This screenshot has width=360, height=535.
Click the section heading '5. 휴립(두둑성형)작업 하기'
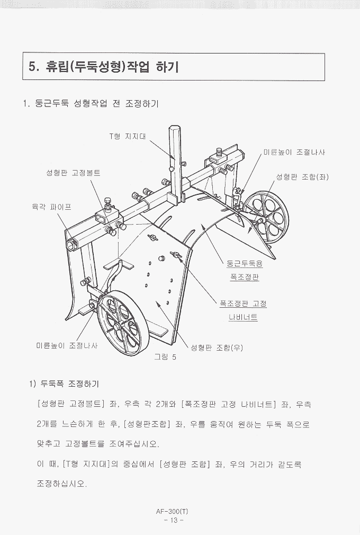tap(104, 67)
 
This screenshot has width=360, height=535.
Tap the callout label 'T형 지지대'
tap(128, 137)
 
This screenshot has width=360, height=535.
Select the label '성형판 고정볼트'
tap(73, 173)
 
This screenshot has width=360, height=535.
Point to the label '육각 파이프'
tap(51, 207)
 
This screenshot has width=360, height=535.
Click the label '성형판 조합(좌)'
tap(302, 177)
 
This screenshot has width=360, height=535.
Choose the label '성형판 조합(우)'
tap(217, 347)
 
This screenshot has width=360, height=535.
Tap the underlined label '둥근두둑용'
tap(245, 264)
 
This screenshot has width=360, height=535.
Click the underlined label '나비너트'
tap(243, 317)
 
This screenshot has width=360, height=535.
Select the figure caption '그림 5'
tap(165, 357)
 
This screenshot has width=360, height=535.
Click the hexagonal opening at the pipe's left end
tap(72, 244)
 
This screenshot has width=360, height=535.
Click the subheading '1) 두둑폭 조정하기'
tap(64, 384)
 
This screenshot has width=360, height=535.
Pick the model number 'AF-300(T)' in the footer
tap(172, 511)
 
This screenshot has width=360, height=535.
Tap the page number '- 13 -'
tap(174, 520)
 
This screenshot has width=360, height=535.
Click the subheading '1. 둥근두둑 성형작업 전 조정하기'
tap(91, 103)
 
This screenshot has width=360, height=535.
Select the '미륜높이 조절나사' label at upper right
tap(294, 152)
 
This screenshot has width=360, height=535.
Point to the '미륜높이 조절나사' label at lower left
tap(67, 346)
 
